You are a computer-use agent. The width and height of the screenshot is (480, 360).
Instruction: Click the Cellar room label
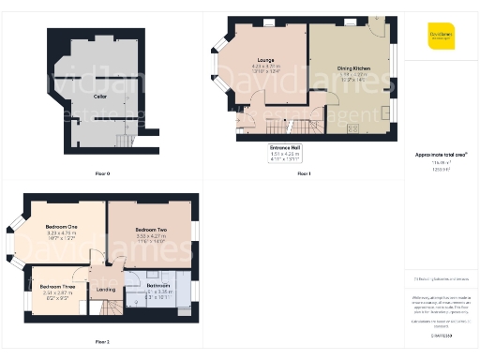(x=100, y=96)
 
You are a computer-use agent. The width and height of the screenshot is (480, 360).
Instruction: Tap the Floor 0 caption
(x=102, y=173)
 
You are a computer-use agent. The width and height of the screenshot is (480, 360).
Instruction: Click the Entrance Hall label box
(x=284, y=153)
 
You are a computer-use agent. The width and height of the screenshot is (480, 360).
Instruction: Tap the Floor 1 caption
(x=303, y=173)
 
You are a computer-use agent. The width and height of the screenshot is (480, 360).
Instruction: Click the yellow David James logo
(x=441, y=36)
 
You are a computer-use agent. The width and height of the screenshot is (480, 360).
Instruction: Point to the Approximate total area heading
(x=441, y=153)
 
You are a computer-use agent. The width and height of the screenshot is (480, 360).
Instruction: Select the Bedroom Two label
(x=150, y=230)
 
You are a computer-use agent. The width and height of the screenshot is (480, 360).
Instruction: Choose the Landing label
(x=106, y=289)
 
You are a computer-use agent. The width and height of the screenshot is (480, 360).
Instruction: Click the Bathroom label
(x=158, y=284)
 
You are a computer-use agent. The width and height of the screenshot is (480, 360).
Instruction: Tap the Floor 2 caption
(x=102, y=341)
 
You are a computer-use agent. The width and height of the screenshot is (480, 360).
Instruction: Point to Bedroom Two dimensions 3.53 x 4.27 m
(x=150, y=236)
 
